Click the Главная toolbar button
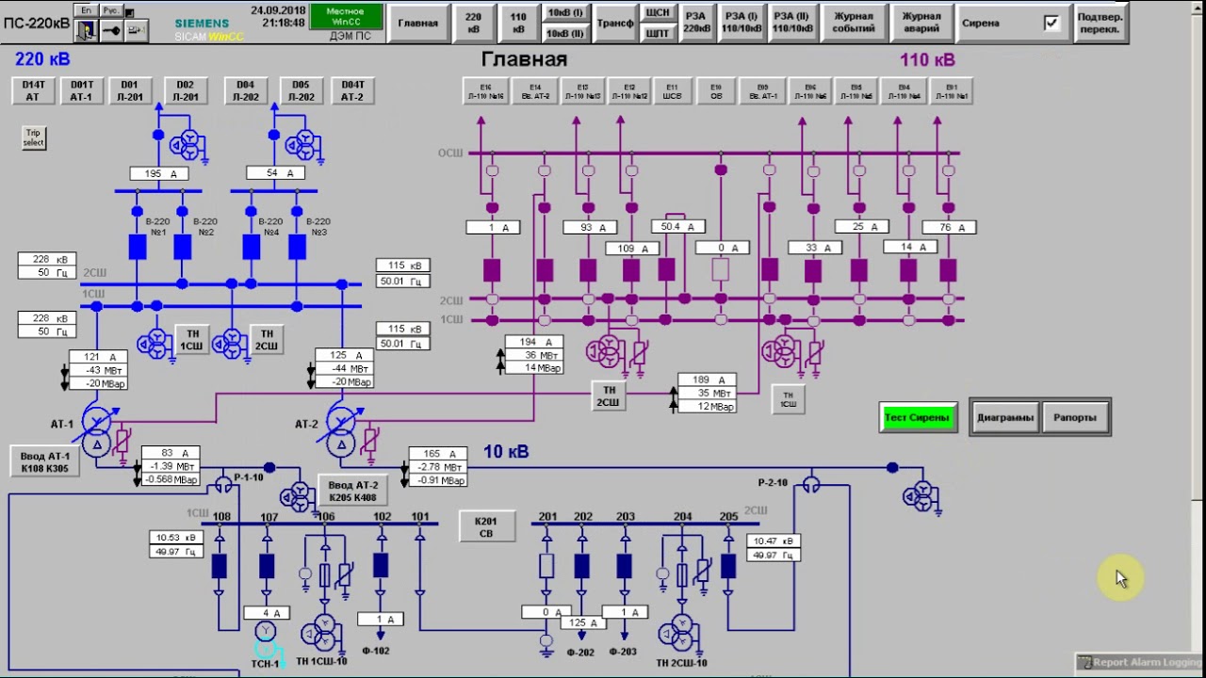point(417,23)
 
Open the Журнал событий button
point(853,23)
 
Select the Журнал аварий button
point(921,23)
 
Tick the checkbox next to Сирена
point(1051,23)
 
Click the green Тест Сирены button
point(917,417)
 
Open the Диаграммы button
point(1005,417)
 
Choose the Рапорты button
point(1075,417)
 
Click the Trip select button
point(34,137)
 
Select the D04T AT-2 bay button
point(352,90)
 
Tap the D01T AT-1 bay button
point(82,90)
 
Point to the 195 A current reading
point(159,173)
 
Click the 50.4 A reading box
point(677,227)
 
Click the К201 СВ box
point(486,526)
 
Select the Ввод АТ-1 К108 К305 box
point(45,461)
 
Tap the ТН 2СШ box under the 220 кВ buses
point(267,339)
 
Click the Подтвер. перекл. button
point(1100,23)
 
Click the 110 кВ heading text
point(927,60)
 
